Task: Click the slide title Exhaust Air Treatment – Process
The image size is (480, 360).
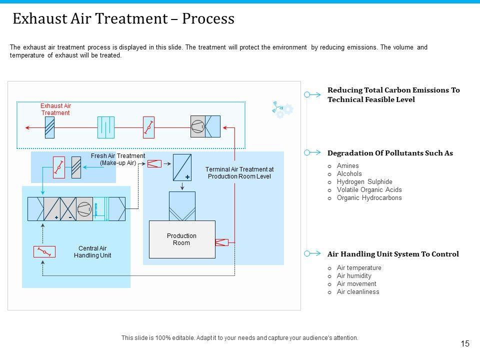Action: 123,18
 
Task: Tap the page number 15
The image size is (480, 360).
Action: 465,343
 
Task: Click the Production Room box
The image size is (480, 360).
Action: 182,239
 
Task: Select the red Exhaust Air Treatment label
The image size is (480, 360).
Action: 55,109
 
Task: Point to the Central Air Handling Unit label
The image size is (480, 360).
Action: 92,252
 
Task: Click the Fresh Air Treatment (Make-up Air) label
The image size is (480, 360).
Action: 118,159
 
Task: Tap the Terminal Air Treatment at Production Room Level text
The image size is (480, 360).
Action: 239,173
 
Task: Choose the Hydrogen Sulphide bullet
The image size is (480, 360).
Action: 364,182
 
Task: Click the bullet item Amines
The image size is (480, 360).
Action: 348,166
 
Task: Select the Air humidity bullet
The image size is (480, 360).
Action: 354,276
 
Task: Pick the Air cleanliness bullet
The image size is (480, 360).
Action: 358,292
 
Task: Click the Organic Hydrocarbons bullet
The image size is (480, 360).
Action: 369,198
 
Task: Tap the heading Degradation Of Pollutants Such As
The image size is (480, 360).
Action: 390,153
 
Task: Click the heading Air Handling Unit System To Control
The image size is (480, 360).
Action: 393,254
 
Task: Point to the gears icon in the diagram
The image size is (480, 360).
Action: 283,110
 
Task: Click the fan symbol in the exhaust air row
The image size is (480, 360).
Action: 198,127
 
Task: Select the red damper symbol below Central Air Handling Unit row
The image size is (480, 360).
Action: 44,251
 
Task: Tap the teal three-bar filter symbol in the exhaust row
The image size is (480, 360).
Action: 105,127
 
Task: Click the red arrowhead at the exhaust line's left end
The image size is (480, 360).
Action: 28,127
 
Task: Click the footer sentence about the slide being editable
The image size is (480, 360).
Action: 240,338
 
